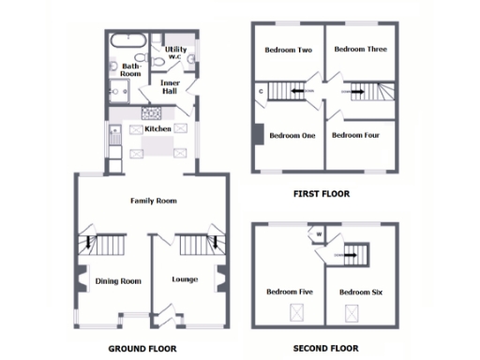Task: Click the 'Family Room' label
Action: coord(154,201)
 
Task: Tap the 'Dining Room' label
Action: coord(118,280)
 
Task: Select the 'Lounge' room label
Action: coord(185,279)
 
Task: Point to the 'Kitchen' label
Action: coord(157,128)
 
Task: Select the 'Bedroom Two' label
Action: coord(288,50)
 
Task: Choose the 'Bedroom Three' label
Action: coord(361,49)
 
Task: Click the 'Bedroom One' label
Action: coord(292,135)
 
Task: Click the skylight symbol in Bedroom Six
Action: coord(353,312)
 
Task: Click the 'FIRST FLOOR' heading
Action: coord(321,195)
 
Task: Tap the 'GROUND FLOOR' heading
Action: coord(142,349)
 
